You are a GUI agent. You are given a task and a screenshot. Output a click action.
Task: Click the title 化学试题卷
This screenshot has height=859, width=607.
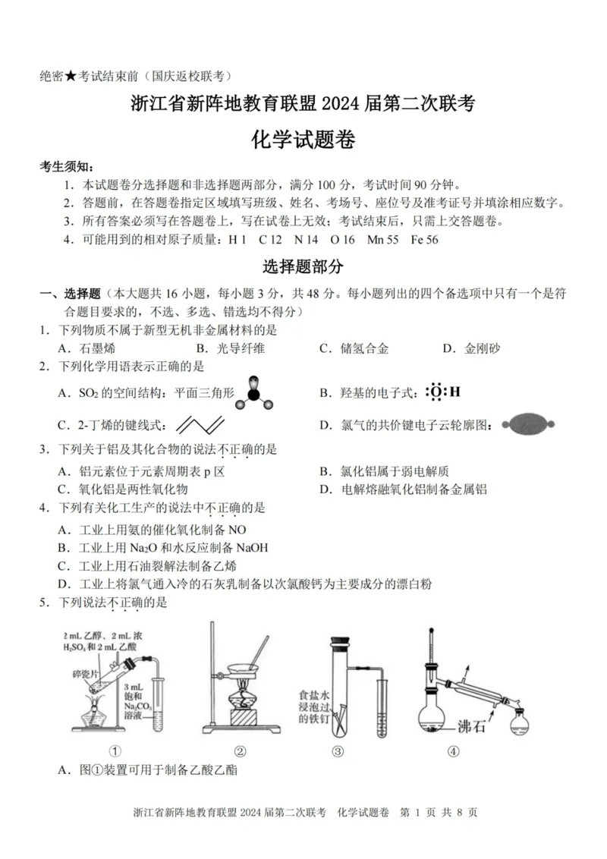303,140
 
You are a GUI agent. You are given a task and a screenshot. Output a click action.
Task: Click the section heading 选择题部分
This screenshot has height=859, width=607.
303,266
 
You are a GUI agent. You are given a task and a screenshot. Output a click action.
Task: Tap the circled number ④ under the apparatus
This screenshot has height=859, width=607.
454,751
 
